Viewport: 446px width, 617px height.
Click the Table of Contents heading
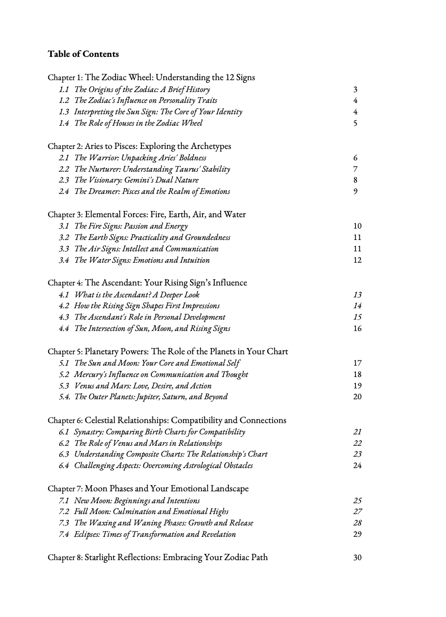click(83, 54)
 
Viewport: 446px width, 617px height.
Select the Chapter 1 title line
click(151, 78)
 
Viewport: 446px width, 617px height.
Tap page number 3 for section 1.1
click(355, 89)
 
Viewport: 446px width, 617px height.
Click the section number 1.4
click(64, 123)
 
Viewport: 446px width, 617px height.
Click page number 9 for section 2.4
click(355, 192)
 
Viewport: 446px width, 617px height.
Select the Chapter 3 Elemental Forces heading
click(147, 215)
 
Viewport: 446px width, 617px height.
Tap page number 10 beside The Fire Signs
click(357, 226)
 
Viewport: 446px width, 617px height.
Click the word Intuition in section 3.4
click(194, 260)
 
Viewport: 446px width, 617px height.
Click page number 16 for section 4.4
click(357, 328)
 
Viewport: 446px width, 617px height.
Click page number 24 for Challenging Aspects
click(357, 465)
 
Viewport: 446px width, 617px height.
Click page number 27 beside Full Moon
click(357, 512)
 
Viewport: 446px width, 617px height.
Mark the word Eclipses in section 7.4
click(87, 534)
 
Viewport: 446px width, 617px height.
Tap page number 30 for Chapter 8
click(357, 558)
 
